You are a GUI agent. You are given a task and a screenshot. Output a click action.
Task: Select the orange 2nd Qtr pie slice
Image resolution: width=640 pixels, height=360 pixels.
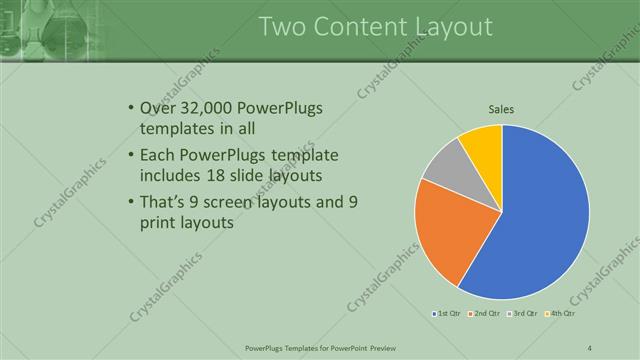(448, 228)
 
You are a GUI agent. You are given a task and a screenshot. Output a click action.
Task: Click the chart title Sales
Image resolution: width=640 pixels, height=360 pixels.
(501, 110)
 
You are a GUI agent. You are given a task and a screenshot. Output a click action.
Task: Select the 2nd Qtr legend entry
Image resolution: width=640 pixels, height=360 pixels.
(485, 314)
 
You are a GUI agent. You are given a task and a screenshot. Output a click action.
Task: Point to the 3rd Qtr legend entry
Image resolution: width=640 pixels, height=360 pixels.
(525, 314)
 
